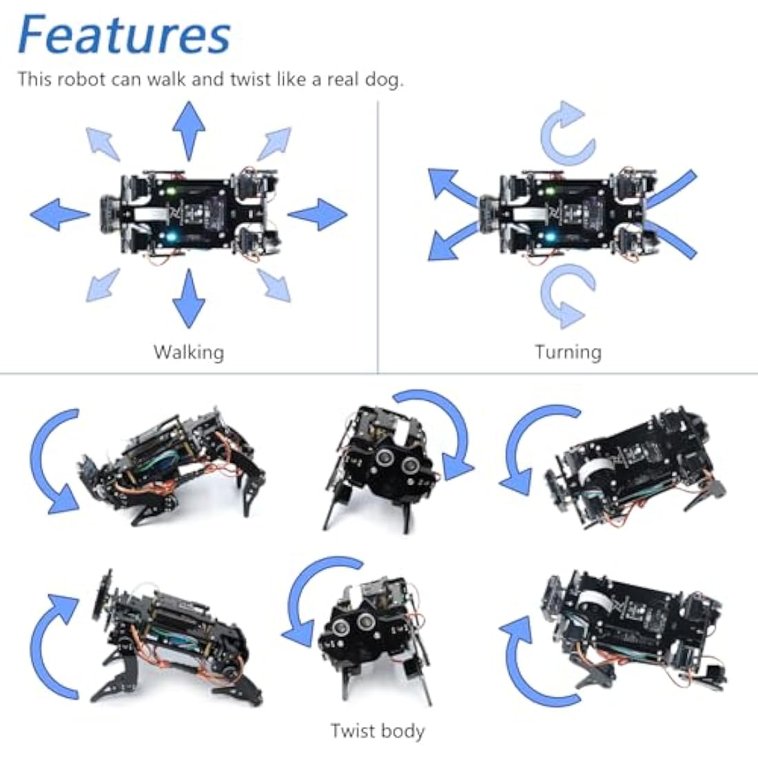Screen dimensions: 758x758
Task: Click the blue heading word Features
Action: coord(124,34)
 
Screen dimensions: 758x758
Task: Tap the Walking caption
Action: coord(188,352)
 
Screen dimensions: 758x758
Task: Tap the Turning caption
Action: coord(568,352)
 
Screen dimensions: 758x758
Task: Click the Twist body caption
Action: coord(377,731)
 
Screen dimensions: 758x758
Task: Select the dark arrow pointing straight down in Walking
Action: coord(189,298)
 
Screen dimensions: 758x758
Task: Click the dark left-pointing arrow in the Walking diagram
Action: coord(59,214)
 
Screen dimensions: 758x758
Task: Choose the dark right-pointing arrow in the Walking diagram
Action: coord(318,214)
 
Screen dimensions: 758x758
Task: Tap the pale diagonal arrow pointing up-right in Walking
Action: coord(274,143)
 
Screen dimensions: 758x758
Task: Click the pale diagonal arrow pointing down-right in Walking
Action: coord(274,285)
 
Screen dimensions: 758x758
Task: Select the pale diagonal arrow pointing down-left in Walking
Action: coord(103,285)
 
